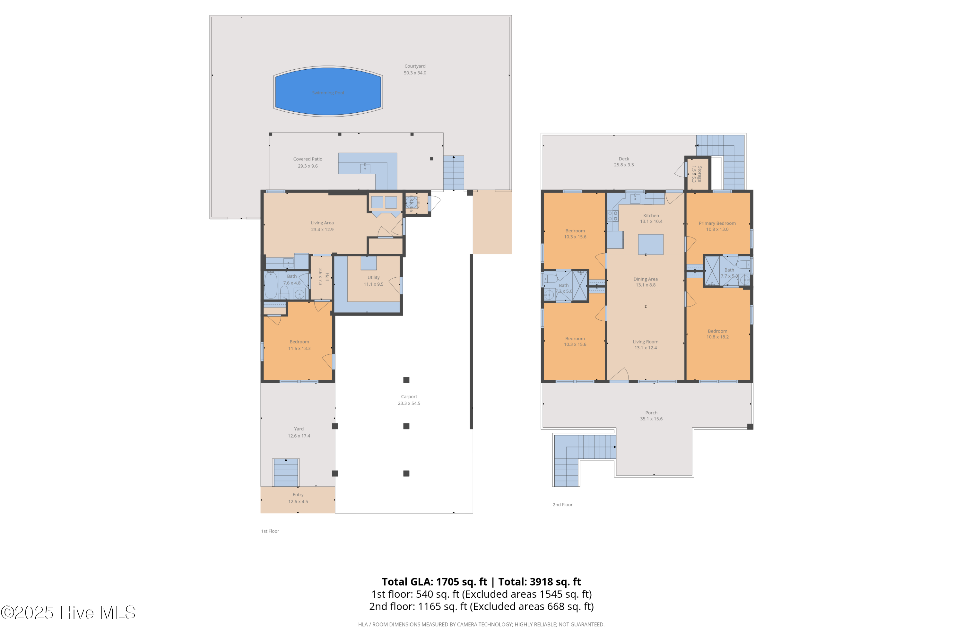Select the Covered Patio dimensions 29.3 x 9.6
coord(308,166)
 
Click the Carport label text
coord(409,396)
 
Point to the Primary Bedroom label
coord(717,223)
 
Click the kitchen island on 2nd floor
coord(651,244)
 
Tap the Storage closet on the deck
coord(697,174)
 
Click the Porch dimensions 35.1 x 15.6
coord(651,419)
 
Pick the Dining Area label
coord(645,279)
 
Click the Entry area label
coord(298,495)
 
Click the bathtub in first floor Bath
coord(271,285)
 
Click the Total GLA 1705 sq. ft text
coord(434,582)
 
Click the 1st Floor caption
coord(270,531)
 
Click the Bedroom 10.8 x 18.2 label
coord(717,334)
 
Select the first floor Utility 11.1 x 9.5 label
coord(373,281)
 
